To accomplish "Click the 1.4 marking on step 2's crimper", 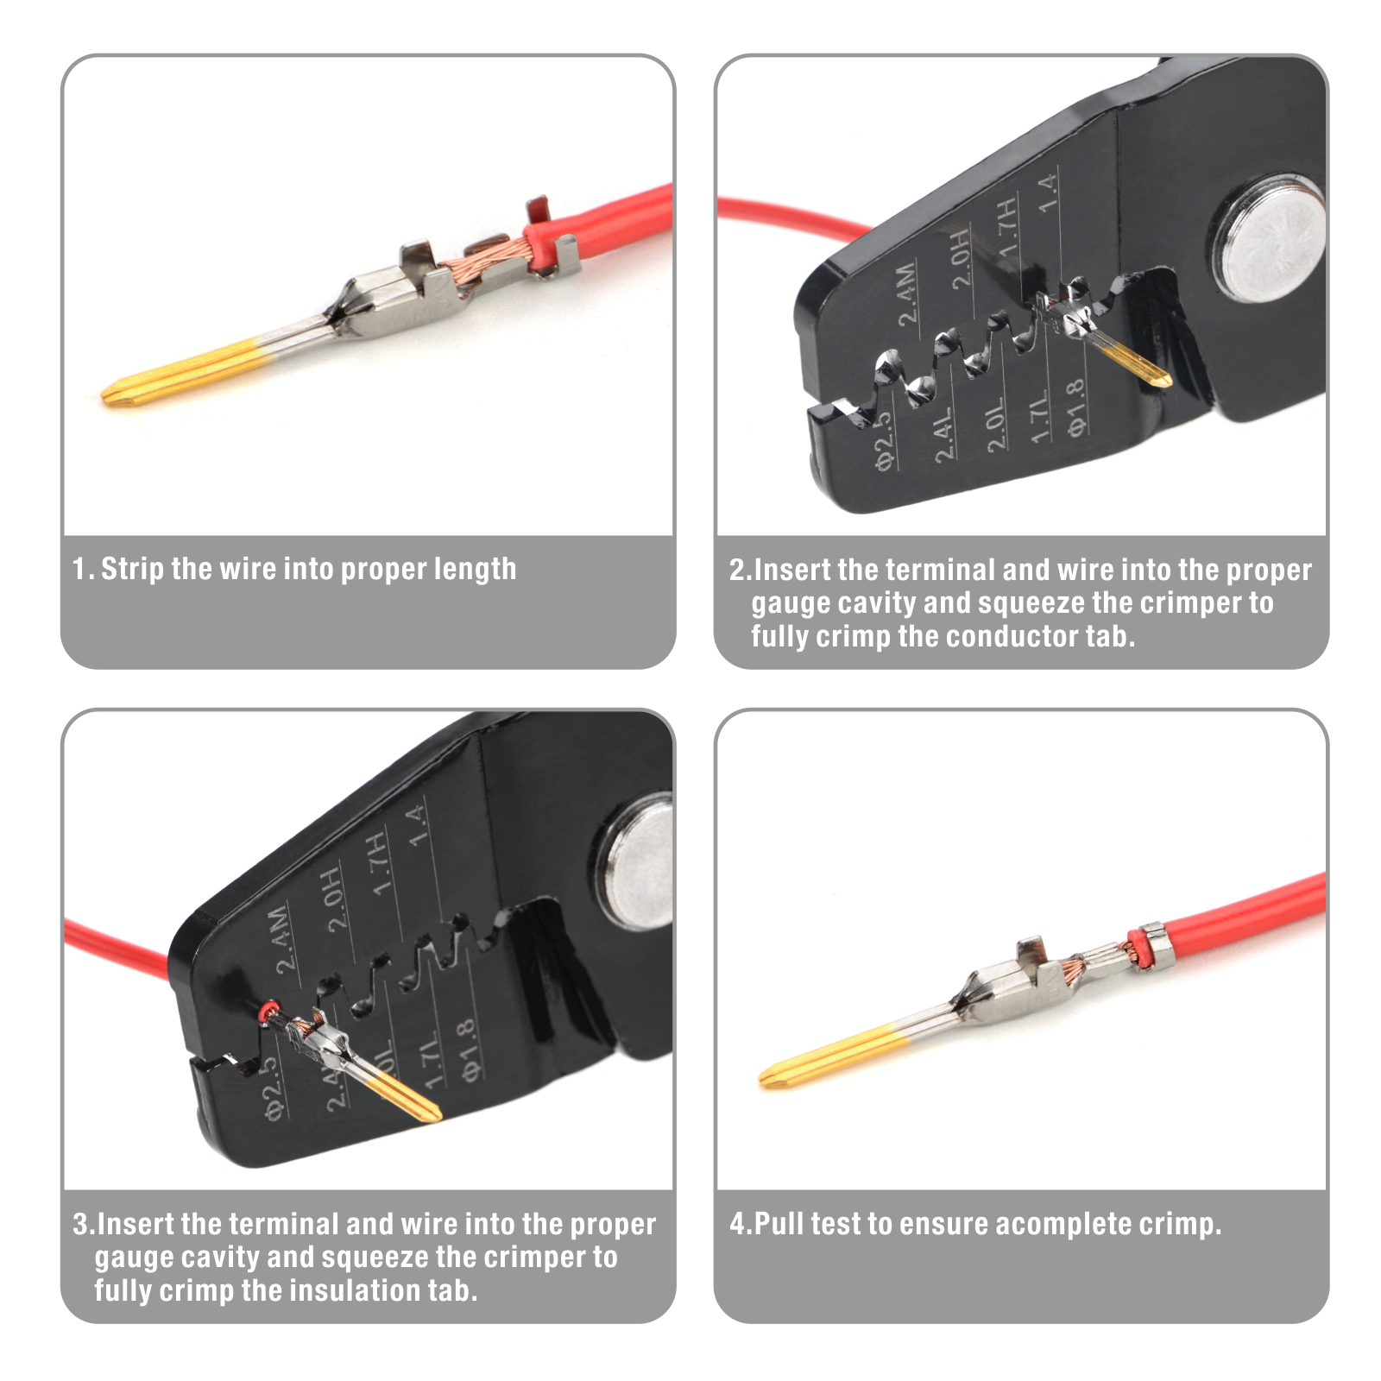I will (x=1047, y=193).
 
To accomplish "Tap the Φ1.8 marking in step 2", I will (x=1075, y=407).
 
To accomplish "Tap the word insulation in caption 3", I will (x=354, y=1291).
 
